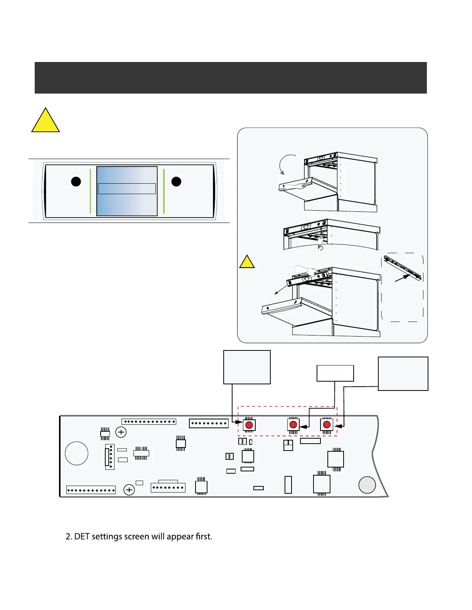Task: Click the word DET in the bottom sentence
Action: pyautogui.click(x=82, y=536)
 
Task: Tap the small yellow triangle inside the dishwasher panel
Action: pyautogui.click(x=247, y=263)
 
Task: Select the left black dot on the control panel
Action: pyautogui.click(x=76, y=181)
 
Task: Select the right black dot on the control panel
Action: pyautogui.click(x=176, y=181)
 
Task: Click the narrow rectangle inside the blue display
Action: pyautogui.click(x=127, y=189)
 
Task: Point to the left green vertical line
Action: pyautogui.click(x=90, y=191)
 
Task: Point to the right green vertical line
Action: pyautogui.click(x=164, y=191)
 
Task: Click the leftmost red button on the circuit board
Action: pyautogui.click(x=249, y=425)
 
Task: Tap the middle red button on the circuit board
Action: pyautogui.click(x=293, y=424)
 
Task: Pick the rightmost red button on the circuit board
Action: pyautogui.click(x=327, y=424)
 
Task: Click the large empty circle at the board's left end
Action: pyautogui.click(x=77, y=453)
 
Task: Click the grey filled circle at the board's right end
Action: pyautogui.click(x=367, y=485)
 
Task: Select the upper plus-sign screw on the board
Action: pyautogui.click(x=121, y=432)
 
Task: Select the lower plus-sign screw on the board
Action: pyautogui.click(x=129, y=490)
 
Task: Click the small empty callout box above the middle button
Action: pyautogui.click(x=335, y=373)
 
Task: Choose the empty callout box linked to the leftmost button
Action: pyautogui.click(x=247, y=367)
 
